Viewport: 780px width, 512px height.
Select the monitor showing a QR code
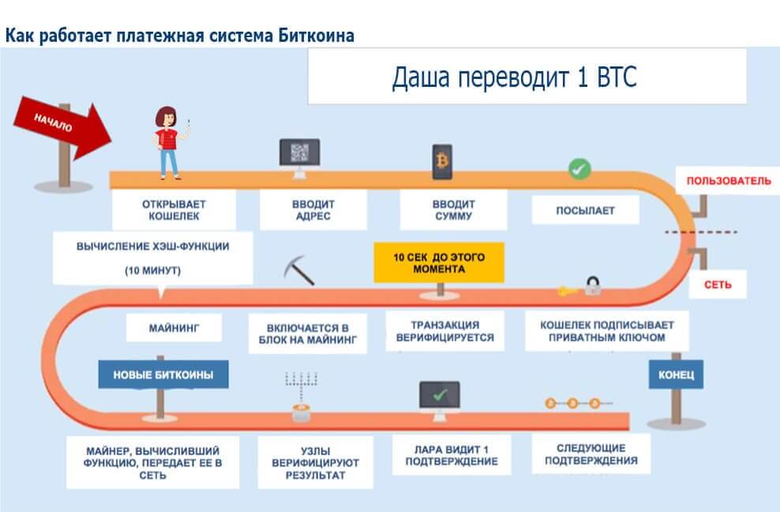point(299,155)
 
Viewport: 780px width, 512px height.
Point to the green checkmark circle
point(579,168)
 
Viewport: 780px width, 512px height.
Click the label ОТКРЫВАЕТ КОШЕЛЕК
point(174,209)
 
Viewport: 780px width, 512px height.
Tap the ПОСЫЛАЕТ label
point(585,210)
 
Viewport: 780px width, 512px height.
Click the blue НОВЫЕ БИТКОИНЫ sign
point(163,375)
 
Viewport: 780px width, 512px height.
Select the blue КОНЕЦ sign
point(676,375)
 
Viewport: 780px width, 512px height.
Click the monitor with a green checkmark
point(441,396)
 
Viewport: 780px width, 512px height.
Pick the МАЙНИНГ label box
point(174,326)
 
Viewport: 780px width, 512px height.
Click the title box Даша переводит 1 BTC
point(526,77)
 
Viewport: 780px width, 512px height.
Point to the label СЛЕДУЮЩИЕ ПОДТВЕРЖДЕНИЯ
point(585,454)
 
